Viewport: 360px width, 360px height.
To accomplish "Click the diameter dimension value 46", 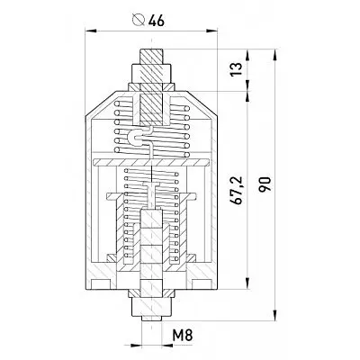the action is click(157, 21).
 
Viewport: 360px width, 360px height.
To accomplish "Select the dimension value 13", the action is click(237, 69).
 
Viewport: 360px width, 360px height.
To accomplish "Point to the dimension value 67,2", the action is click(237, 191).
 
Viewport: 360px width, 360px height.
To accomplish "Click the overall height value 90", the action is click(265, 184).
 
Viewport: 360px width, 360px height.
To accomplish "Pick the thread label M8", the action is click(182, 335).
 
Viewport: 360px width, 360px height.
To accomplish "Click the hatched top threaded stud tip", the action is click(152, 56).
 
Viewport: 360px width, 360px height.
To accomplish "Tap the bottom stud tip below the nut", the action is click(152, 319).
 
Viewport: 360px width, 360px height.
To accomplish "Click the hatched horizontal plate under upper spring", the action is click(151, 162).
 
